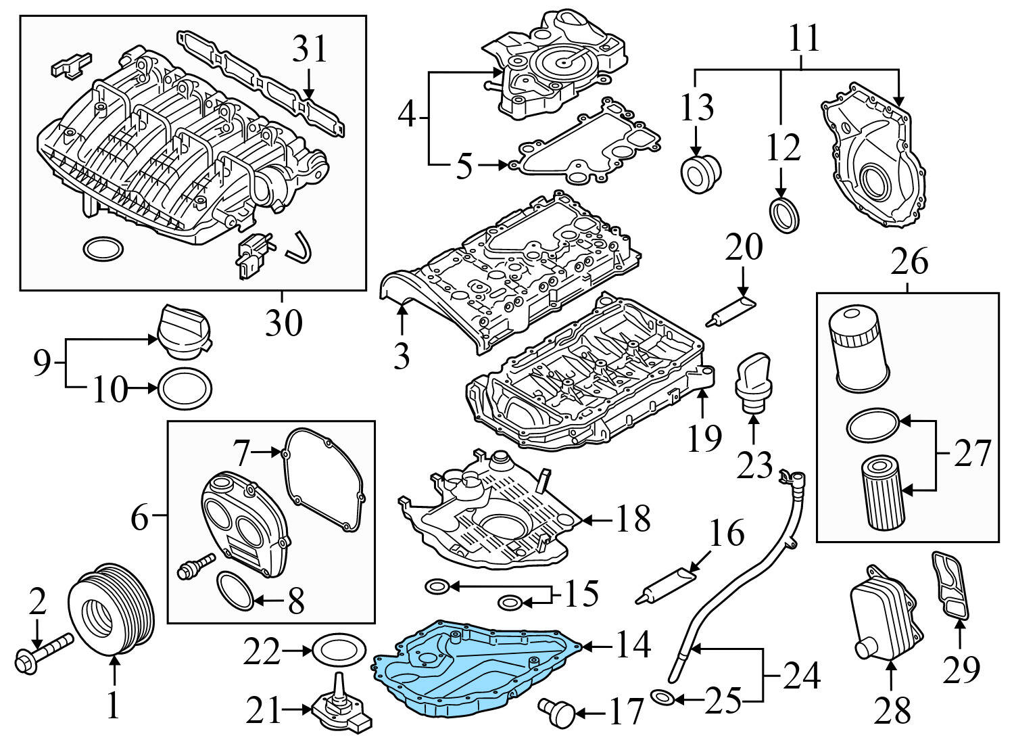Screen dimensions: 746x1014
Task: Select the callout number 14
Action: pos(633,645)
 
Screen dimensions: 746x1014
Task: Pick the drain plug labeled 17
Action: pos(558,712)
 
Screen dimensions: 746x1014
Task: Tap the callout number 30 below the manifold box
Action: pos(283,323)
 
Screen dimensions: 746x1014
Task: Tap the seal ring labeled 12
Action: pos(786,214)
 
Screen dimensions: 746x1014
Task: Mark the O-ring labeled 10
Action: pos(185,389)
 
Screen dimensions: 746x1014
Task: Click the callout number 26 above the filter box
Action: pos(910,262)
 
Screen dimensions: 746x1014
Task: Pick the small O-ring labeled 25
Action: pos(660,696)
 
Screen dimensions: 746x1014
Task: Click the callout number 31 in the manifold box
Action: pos(310,50)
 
